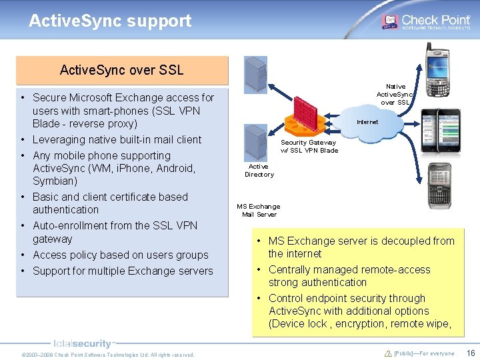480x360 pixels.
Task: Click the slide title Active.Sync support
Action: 110,21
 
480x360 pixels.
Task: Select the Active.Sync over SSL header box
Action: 121,70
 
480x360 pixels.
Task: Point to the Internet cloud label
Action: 367,122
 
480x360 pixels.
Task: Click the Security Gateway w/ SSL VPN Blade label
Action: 309,146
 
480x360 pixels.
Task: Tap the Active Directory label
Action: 259,171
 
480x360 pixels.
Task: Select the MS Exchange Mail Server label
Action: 259,210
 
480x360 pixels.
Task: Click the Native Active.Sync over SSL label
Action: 395,94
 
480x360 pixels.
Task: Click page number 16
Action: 471,353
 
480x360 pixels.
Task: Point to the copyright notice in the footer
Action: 108,355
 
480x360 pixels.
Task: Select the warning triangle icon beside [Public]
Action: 388,353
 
